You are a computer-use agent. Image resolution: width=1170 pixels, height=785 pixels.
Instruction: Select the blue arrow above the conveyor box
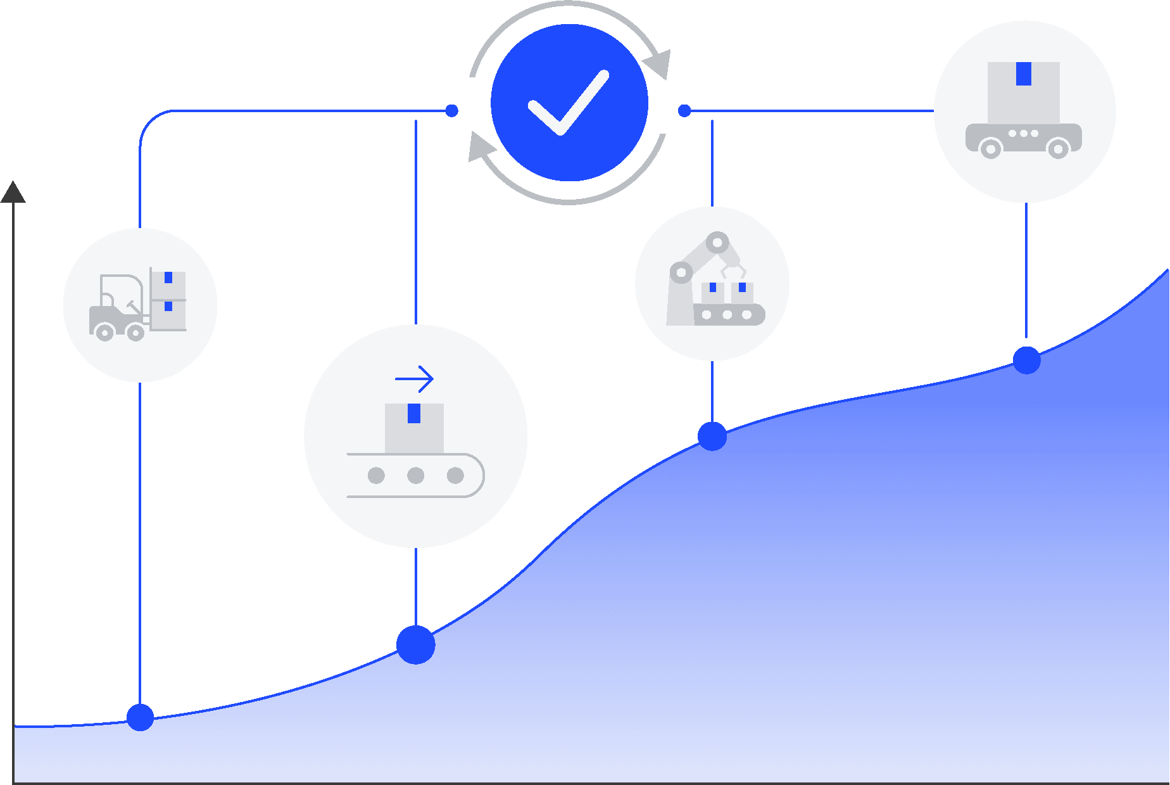[x=414, y=380]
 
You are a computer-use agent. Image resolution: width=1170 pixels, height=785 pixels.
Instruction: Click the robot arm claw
[x=733, y=272]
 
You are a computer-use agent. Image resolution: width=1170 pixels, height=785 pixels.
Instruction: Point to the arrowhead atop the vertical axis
[x=13, y=192]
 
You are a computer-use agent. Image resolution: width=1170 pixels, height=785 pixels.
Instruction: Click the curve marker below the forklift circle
[x=140, y=717]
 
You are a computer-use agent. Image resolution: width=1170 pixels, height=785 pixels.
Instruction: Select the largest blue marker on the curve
[x=415, y=645]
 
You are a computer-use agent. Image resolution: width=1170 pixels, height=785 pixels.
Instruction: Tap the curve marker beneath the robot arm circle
[x=712, y=436]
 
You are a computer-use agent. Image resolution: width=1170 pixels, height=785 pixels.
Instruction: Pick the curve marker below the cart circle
[x=1026, y=360]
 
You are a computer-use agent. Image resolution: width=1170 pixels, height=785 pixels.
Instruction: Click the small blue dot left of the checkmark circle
[x=451, y=111]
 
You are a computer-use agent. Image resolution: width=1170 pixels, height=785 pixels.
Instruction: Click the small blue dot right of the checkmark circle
[x=684, y=111]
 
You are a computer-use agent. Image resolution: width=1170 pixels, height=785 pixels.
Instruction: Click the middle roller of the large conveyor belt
[x=415, y=475]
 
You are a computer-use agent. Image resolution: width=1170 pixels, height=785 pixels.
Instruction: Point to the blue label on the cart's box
[x=1023, y=73]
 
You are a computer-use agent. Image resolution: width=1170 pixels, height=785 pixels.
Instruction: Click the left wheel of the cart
[x=990, y=149]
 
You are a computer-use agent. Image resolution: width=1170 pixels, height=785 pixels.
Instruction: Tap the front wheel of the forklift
[x=135, y=332]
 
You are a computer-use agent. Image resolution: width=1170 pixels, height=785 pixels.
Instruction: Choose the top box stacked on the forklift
[x=168, y=283]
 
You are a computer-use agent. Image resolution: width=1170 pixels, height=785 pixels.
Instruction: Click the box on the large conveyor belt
[x=414, y=428]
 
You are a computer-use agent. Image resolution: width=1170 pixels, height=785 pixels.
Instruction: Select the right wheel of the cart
[x=1058, y=149]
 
